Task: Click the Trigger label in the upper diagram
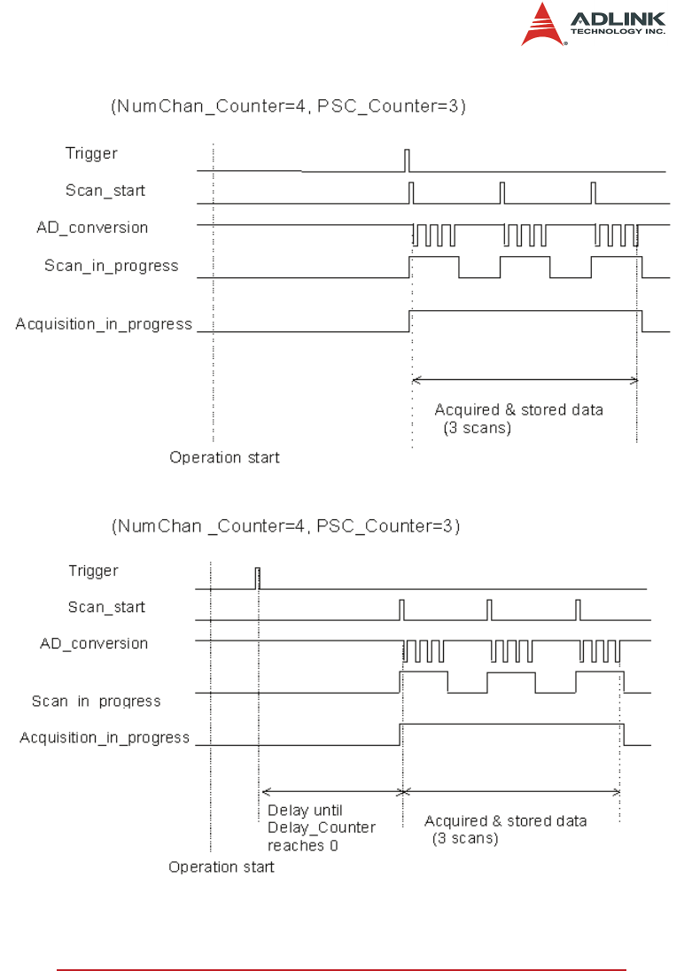pyautogui.click(x=91, y=153)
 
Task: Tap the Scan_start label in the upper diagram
pyautogui.click(x=105, y=190)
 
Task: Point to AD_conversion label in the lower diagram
pyautogui.click(x=94, y=643)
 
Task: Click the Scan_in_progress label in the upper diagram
pyautogui.click(x=111, y=266)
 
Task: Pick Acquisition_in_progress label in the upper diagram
pyautogui.click(x=104, y=324)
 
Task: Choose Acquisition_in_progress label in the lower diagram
pyautogui.click(x=105, y=737)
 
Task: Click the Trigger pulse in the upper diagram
pyautogui.click(x=407, y=160)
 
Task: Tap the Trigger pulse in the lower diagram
pyautogui.click(x=258, y=578)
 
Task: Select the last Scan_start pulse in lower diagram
pyautogui.click(x=578, y=610)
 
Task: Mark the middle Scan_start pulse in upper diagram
pyautogui.click(x=502, y=192)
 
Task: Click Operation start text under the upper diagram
pyautogui.click(x=224, y=458)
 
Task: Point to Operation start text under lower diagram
pyautogui.click(x=222, y=867)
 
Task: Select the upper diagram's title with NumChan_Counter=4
pyautogui.click(x=288, y=107)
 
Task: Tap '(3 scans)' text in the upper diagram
pyautogui.click(x=477, y=428)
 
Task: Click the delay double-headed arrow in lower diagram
pyautogui.click(x=331, y=791)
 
